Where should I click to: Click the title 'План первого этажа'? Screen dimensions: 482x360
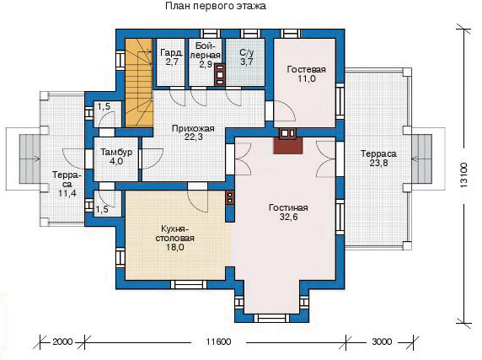(216, 6)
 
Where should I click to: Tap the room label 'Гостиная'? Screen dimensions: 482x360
(288, 207)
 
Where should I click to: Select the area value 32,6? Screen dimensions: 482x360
(288, 217)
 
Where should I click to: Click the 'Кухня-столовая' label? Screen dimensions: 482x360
(174, 234)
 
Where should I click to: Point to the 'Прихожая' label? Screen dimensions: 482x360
(193, 128)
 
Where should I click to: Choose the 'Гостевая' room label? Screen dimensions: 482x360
(306, 69)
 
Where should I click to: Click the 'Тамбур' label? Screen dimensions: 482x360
(116, 152)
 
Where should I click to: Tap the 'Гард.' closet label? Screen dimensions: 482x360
(172, 52)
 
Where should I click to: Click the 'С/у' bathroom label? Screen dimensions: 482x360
(247, 52)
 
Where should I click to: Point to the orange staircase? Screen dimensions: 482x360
(139, 83)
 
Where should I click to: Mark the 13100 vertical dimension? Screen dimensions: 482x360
(463, 175)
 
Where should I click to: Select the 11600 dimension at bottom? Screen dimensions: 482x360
(218, 341)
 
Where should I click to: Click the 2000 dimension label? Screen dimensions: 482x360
(62, 341)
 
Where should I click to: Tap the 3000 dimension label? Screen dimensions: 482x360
(382, 341)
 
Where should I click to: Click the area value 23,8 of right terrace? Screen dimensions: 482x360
(378, 163)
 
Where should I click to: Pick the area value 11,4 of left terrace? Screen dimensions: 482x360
(67, 193)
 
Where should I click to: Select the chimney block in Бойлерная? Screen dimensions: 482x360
(220, 74)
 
